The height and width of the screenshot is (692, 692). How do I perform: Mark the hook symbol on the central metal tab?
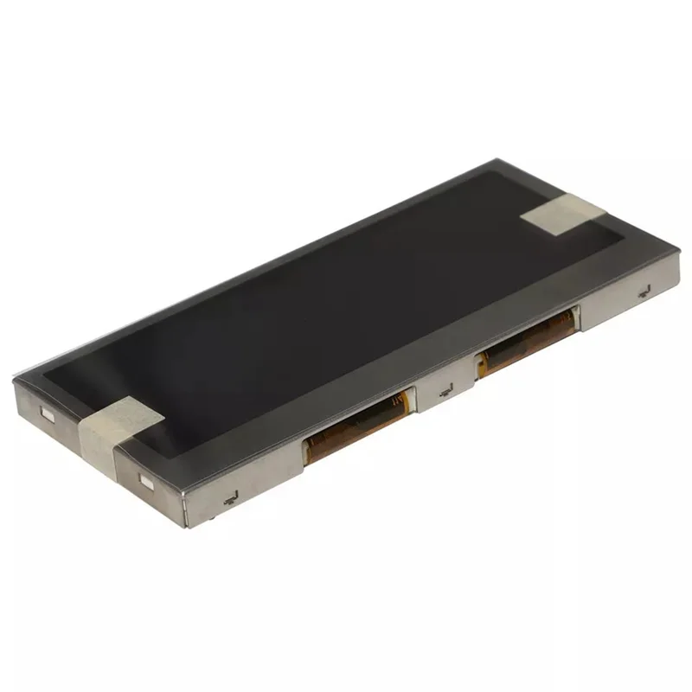click(x=446, y=392)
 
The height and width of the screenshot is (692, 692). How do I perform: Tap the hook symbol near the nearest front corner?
click(x=230, y=497)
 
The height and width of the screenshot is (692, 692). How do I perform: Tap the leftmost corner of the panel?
click(x=15, y=381)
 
